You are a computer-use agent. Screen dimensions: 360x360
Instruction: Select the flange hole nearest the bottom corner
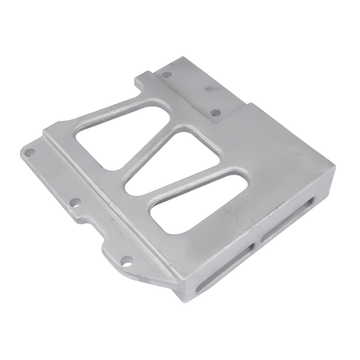[126, 260]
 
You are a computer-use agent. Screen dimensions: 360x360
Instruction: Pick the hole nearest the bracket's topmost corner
[167, 74]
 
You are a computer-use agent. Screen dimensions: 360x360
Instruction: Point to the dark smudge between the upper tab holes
[208, 90]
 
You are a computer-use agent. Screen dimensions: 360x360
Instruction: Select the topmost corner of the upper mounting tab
[181, 57]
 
